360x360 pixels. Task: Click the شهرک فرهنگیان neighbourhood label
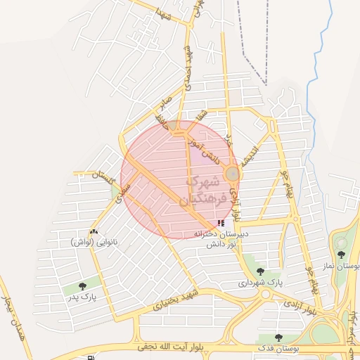click(x=205, y=190)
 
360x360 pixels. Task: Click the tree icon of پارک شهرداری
click(x=260, y=271)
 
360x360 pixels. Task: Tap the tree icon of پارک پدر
click(x=84, y=286)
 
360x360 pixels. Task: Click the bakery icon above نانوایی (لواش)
click(x=94, y=231)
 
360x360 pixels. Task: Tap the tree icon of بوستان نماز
click(x=342, y=255)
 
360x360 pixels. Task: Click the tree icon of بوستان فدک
click(x=279, y=337)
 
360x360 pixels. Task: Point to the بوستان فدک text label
click(x=279, y=349)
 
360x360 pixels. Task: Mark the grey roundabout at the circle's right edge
click(x=232, y=173)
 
